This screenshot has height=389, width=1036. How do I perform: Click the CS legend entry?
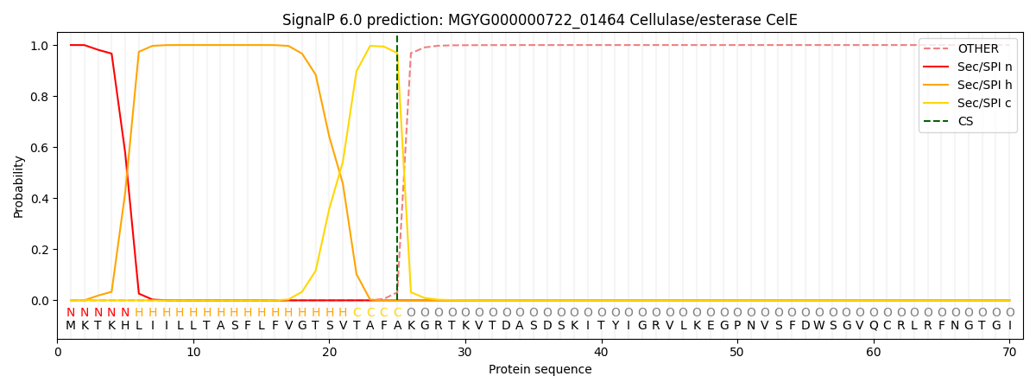(x=965, y=121)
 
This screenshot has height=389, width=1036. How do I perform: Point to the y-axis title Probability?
(x=19, y=186)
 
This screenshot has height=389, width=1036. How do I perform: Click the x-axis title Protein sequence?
(x=540, y=370)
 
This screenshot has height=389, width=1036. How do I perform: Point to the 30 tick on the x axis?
(x=465, y=352)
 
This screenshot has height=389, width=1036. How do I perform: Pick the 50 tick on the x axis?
(x=737, y=352)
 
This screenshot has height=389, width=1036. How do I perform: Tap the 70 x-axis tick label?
(x=1009, y=352)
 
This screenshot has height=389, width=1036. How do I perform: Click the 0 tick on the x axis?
(x=58, y=352)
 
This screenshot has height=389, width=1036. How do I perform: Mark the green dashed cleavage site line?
(x=397, y=173)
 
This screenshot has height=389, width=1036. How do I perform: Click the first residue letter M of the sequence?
(x=71, y=326)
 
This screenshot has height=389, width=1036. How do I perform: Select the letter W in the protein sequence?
(x=819, y=326)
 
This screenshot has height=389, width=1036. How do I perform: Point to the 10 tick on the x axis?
(x=193, y=352)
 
